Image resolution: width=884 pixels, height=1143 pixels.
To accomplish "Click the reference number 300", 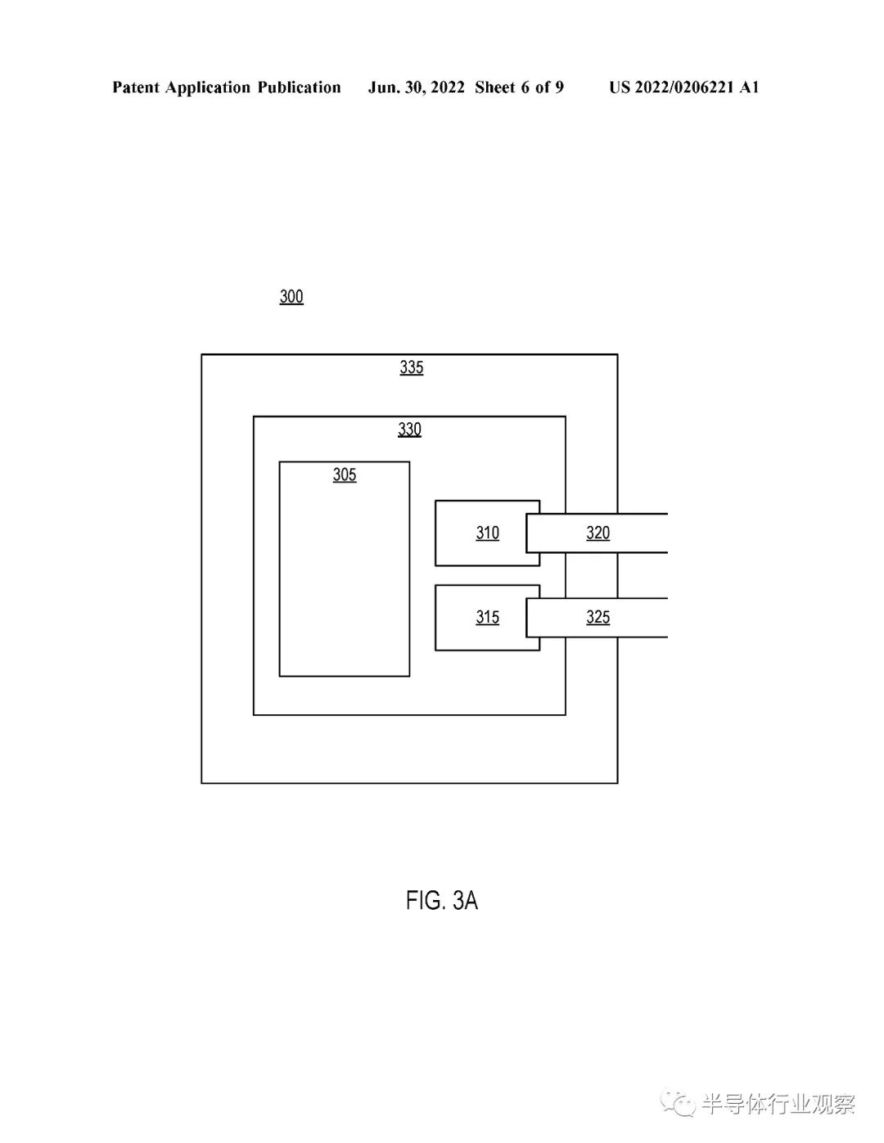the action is (x=291, y=297).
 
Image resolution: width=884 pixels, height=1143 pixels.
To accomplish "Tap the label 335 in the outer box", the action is (x=411, y=367).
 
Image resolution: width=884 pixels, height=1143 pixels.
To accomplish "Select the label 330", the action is (x=409, y=430).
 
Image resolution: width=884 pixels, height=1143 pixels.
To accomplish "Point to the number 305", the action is (x=344, y=475).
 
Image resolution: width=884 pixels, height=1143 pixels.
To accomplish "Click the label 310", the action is (x=487, y=533).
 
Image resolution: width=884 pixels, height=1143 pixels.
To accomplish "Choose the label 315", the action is (x=487, y=617).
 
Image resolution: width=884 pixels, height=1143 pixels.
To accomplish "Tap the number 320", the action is (x=598, y=533).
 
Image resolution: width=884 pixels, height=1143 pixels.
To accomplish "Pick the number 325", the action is (x=598, y=617).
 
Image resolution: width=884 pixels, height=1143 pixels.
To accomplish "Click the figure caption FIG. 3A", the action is (x=441, y=900).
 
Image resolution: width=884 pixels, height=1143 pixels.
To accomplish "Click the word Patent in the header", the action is (x=136, y=87).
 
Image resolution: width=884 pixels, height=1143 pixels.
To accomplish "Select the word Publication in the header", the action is (x=299, y=88).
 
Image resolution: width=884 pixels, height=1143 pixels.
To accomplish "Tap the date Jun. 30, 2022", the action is (x=416, y=88).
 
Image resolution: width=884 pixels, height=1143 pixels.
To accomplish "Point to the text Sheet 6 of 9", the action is (x=519, y=88).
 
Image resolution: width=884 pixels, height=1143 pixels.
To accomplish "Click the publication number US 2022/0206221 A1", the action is (x=684, y=88).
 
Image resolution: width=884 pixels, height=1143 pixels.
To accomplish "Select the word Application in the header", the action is (x=208, y=88).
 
